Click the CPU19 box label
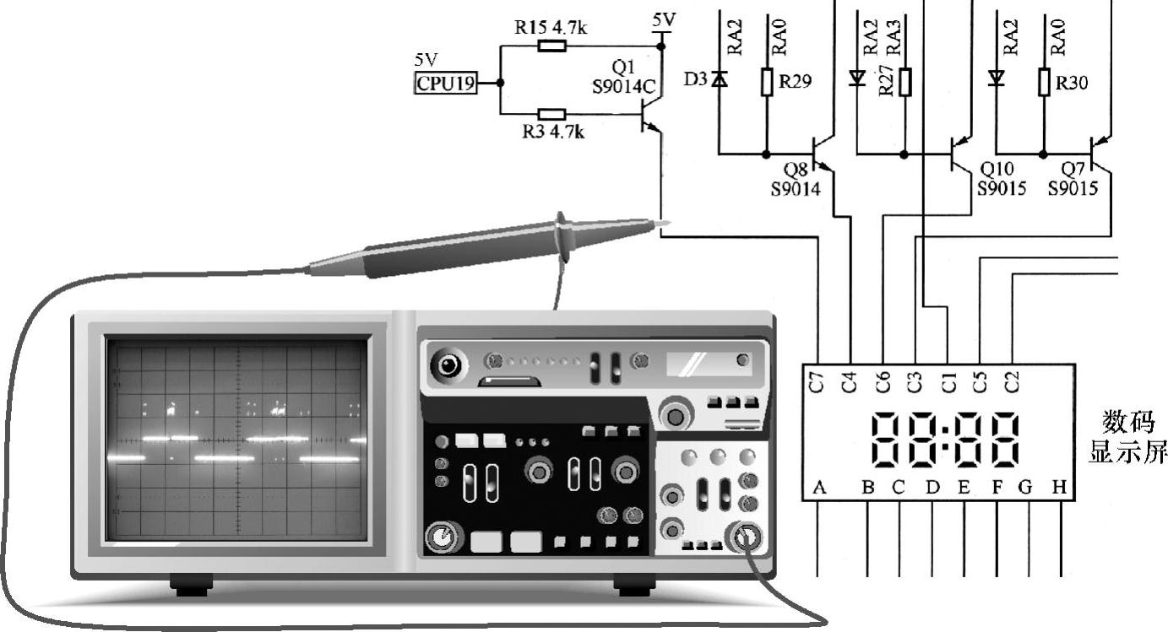446,83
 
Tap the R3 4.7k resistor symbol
551,114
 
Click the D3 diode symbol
719,80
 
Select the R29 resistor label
795,82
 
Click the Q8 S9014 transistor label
796,179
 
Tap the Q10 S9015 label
1001,179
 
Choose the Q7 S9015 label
1073,179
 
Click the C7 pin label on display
817,381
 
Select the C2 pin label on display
1013,381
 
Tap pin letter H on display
1059,487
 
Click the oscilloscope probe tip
665,224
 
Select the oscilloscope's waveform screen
237,439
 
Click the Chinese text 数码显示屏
1127,437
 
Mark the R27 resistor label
886,83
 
